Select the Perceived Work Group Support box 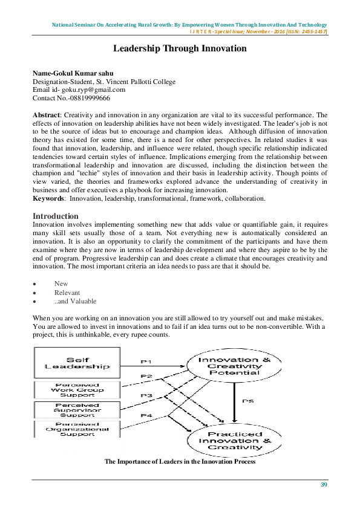tap(77, 390)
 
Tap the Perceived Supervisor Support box tap(77, 409)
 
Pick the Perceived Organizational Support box tap(77, 429)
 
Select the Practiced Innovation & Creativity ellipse tap(234, 441)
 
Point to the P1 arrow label tap(146, 361)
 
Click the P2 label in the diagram tap(146, 376)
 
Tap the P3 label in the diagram tap(146, 396)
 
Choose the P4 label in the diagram tap(146, 415)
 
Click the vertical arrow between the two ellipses tap(234, 402)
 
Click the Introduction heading tap(56, 216)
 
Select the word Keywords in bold tap(48, 199)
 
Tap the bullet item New tap(61, 284)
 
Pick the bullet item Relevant tap(67, 293)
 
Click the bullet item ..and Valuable tap(75, 302)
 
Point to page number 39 tap(324, 484)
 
